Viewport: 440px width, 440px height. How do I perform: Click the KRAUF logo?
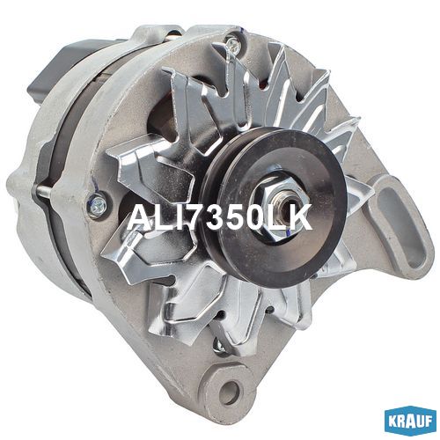tap(410, 422)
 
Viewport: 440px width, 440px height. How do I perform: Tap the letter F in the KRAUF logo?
tap(428, 422)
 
